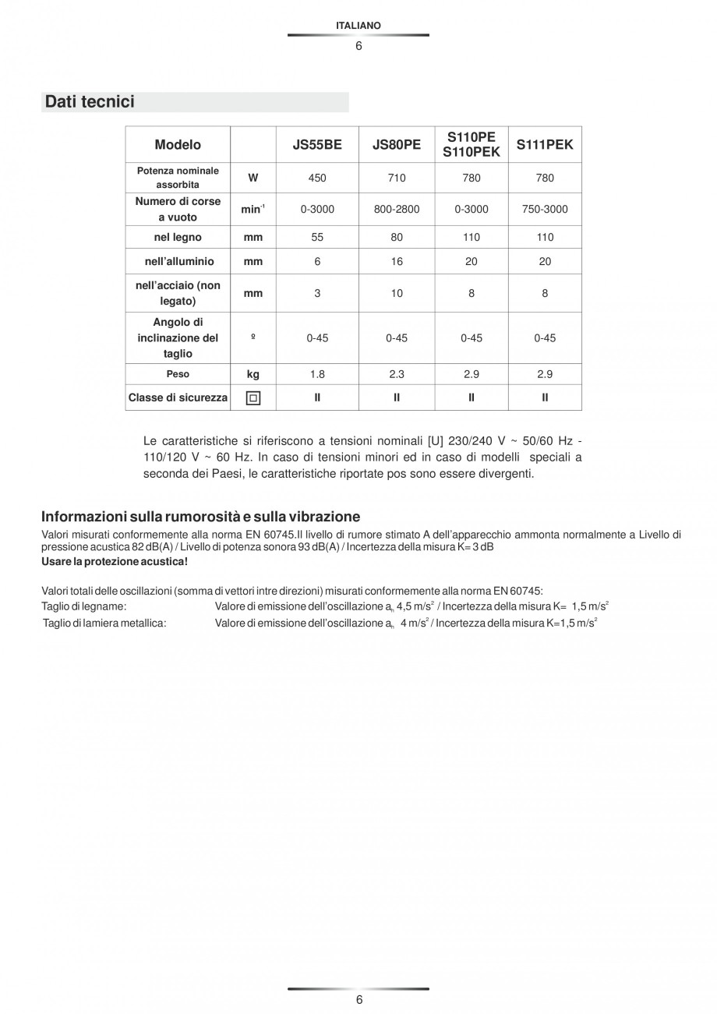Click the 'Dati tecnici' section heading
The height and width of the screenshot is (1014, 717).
click(x=90, y=102)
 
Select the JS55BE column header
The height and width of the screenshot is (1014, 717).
click(x=317, y=145)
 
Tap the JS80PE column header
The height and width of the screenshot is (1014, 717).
click(x=397, y=145)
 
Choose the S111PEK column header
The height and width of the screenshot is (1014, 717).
click(x=545, y=145)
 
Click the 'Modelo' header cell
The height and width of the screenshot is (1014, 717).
click(x=178, y=145)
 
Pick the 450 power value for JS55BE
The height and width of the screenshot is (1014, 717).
click(x=317, y=178)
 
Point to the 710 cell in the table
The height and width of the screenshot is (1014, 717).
click(x=397, y=178)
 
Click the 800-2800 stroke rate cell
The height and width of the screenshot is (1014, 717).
click(x=397, y=210)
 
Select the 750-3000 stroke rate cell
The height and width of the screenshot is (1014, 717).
click(x=545, y=210)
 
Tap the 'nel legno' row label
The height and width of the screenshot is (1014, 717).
click(x=178, y=237)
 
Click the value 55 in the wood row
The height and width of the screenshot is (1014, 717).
click(x=317, y=237)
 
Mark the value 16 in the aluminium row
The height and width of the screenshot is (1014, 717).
click(x=397, y=262)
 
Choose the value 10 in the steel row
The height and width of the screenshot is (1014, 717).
click(x=397, y=294)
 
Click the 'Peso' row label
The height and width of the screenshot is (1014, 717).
click(x=178, y=374)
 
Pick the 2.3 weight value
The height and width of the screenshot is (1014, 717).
click(x=397, y=374)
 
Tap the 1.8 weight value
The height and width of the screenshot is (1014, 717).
click(x=317, y=374)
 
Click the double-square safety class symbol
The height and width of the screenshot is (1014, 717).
click(x=253, y=397)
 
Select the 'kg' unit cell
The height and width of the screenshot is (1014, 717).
click(x=253, y=374)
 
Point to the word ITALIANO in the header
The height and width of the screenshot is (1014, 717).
click(x=358, y=26)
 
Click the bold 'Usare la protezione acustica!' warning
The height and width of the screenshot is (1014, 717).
click(x=115, y=562)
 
